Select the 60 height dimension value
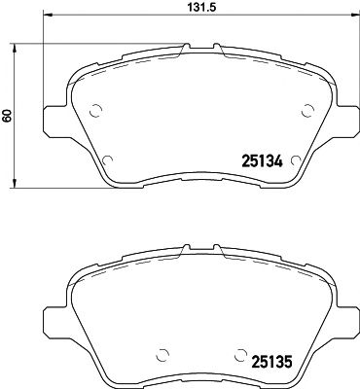click(8, 116)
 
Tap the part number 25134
click(261, 162)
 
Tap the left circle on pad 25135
click(162, 356)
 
